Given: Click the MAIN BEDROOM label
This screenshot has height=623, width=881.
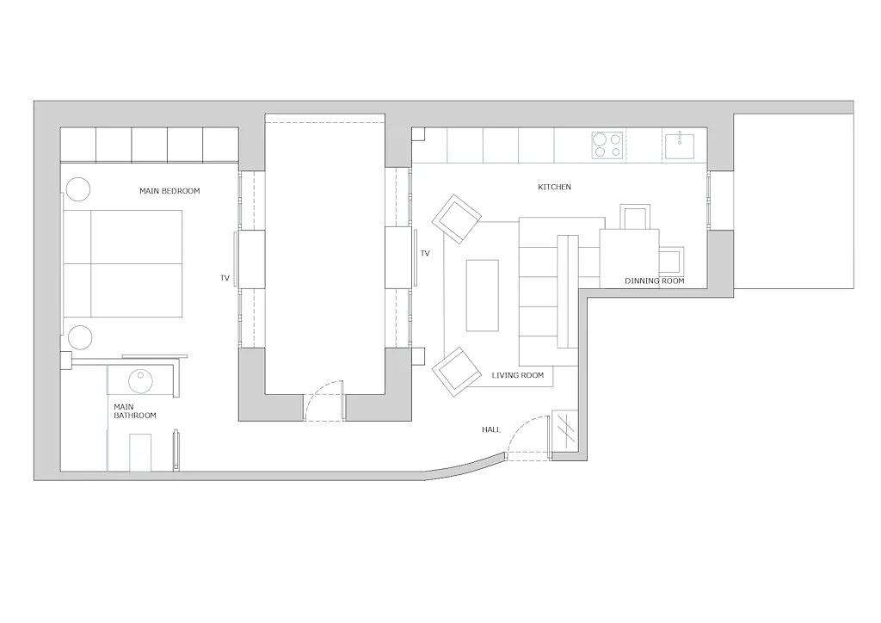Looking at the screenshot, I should tap(169, 191).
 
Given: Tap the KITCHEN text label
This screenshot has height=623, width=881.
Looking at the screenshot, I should tap(554, 187).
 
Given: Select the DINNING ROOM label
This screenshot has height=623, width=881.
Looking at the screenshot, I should tap(654, 281).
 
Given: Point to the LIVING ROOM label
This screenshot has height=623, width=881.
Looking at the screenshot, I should tap(518, 375).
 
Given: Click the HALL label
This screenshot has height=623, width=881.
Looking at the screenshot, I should tap(490, 429).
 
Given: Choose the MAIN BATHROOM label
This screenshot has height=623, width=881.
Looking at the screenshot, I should tap(134, 410).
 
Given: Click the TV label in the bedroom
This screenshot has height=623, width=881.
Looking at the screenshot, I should tap(225, 278).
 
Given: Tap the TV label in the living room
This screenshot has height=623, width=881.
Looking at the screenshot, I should tap(424, 254).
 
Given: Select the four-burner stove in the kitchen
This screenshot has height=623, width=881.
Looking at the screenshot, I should tap(607, 145).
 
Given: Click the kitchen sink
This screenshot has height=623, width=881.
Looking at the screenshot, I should tap(685, 145).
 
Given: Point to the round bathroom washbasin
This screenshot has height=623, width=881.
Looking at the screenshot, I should tap(140, 379).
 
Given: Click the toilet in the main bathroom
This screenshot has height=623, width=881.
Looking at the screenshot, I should tap(139, 452).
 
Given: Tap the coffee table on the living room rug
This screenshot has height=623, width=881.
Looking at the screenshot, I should tap(482, 295).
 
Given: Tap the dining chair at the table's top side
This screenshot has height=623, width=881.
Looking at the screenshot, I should tap(636, 217).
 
